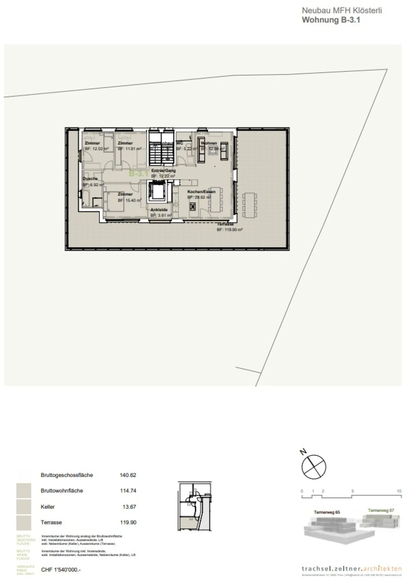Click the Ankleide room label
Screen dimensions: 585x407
tap(159, 210)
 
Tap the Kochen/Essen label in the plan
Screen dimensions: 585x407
tap(201, 191)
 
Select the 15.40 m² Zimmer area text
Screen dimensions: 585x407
tap(129, 200)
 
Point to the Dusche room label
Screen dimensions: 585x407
tap(90, 178)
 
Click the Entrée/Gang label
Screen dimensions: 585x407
tap(163, 170)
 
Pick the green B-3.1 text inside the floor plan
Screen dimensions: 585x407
tap(138, 173)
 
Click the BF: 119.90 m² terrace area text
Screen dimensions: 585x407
tap(230, 230)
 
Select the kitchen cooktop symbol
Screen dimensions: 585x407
tap(193, 207)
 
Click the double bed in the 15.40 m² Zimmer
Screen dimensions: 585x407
tap(114, 202)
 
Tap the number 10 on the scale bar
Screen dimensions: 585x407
tap(399, 491)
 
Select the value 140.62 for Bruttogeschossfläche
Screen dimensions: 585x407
tap(128, 475)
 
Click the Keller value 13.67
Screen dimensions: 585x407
tap(129, 507)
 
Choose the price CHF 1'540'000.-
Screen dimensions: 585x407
tap(61, 570)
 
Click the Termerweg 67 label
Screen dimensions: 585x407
tap(381, 510)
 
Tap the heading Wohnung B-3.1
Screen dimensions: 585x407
tap(331, 20)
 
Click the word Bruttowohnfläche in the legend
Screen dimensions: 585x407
tap(62, 491)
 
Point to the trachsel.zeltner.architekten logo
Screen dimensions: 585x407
tap(351, 568)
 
